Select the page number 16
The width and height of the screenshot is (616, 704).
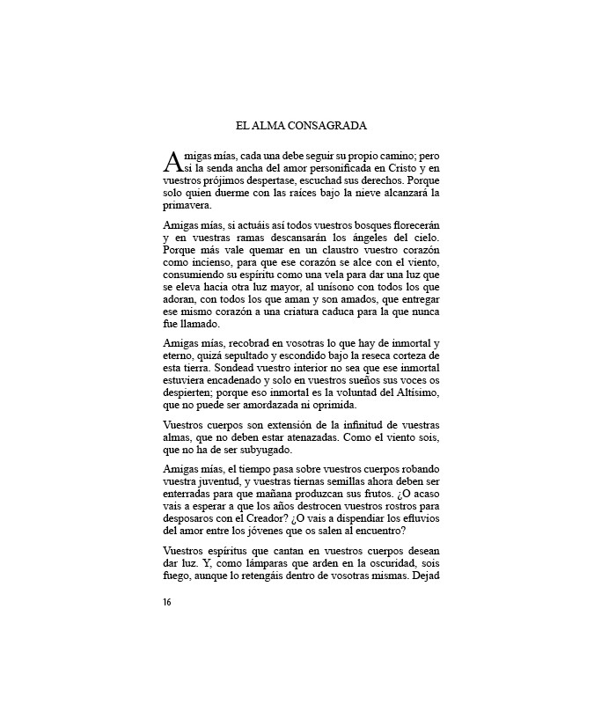(167, 602)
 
